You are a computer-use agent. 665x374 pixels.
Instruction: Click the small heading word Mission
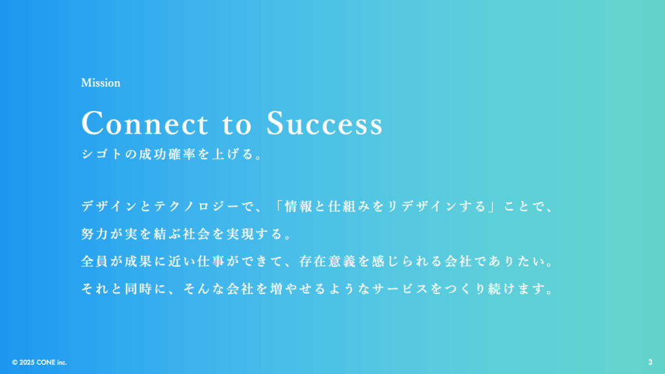pos(101,82)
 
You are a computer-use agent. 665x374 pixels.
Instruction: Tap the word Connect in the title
pos(145,123)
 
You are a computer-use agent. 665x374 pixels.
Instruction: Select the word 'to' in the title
pos(236,124)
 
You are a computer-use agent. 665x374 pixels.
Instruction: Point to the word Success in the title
pos(325,123)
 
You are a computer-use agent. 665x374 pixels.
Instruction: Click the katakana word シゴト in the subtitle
pos(102,154)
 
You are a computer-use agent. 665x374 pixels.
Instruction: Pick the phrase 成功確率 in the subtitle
pos(168,154)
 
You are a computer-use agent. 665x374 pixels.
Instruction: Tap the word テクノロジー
pos(196,206)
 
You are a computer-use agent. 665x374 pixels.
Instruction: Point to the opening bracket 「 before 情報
pos(278,206)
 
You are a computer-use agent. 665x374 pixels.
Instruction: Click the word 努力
pos(95,234)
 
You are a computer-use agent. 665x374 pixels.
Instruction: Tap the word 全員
pos(95,261)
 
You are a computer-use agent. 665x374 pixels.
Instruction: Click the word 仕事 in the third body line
pos(211,261)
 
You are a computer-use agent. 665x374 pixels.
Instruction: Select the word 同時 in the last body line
pos(139,289)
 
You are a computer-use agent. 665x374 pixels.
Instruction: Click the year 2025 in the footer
pos(27,362)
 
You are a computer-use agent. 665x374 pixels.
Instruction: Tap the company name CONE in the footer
pos(46,362)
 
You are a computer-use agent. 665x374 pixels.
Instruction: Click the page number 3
pos(650,362)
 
